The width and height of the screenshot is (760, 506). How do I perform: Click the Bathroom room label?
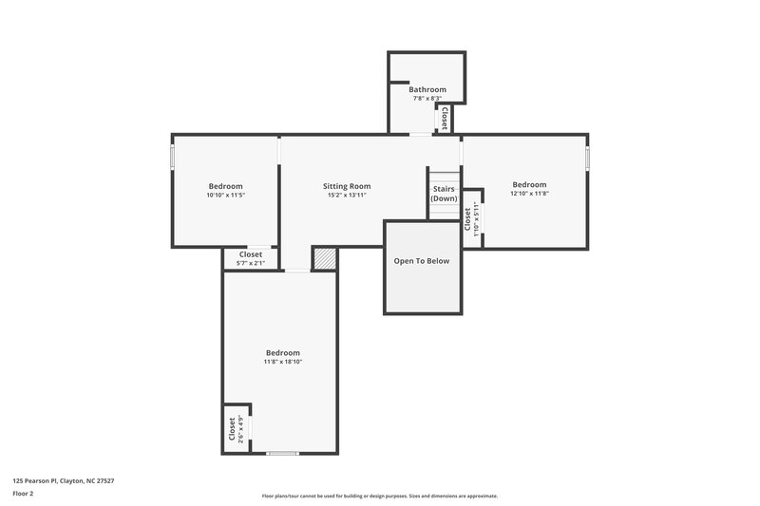point(427,89)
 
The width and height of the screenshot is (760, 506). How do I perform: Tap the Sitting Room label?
point(347,186)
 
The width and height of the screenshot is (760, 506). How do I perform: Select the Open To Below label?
point(422,261)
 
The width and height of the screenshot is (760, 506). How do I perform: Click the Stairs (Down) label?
point(444,194)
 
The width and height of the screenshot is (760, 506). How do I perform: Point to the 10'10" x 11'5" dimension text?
point(226,195)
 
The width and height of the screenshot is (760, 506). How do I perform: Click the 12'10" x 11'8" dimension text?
point(529,193)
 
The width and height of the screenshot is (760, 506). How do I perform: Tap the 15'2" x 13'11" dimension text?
point(347,195)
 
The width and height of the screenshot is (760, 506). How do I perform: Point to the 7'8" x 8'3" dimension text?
point(427,98)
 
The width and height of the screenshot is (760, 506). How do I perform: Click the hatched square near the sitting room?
point(325,258)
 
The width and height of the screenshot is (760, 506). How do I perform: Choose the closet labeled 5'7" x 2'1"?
point(251,258)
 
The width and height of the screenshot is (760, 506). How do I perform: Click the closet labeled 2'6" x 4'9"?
point(232,428)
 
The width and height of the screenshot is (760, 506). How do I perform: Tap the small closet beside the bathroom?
point(444,119)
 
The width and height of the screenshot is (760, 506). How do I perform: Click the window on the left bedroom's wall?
point(172,156)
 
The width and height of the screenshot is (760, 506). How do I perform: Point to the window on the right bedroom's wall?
point(588,157)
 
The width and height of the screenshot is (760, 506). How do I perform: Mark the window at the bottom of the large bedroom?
point(283,453)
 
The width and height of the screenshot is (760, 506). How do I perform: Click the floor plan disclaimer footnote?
point(379,496)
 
